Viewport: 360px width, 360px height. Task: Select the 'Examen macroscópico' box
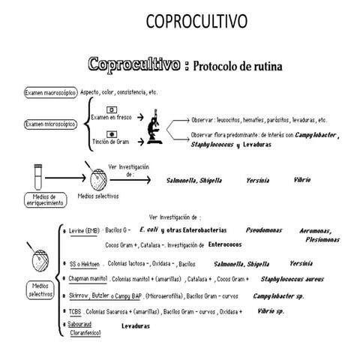[50, 93]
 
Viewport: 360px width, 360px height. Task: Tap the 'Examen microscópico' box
[49, 123]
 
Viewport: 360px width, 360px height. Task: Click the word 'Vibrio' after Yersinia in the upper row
[302, 180]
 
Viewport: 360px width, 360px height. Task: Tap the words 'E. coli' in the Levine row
[152, 229]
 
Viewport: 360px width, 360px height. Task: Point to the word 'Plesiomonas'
[321, 240]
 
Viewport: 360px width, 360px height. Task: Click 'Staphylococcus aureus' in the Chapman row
[292, 279]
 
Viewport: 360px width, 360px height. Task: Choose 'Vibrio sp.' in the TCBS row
[270, 310]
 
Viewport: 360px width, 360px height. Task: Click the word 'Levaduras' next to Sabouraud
[136, 326]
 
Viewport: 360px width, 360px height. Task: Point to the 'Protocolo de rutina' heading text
[237, 66]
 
